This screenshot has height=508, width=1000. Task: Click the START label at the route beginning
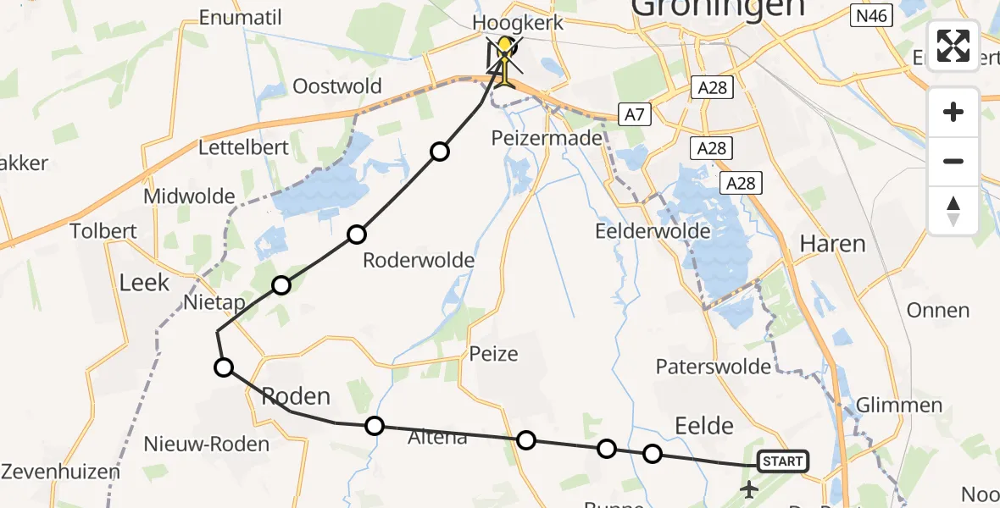tap(781, 461)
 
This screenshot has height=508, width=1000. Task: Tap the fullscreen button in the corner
tap(953, 46)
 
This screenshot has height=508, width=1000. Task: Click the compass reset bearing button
tap(953, 211)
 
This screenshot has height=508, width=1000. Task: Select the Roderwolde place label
tap(419, 260)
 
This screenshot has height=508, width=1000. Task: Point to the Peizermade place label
tap(547, 137)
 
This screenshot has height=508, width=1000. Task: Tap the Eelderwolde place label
tap(653, 231)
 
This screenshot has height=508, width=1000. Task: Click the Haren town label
tap(833, 245)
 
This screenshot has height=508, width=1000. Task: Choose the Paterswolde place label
tap(714, 367)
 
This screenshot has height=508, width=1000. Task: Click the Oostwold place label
tap(337, 86)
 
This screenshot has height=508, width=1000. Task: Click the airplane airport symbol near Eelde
tap(749, 489)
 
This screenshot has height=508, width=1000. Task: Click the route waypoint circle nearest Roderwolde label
tap(357, 234)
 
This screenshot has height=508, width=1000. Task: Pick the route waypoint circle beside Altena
tap(374, 425)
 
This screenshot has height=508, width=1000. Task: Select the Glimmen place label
tap(899, 405)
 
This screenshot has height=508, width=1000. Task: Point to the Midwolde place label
tap(189, 196)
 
